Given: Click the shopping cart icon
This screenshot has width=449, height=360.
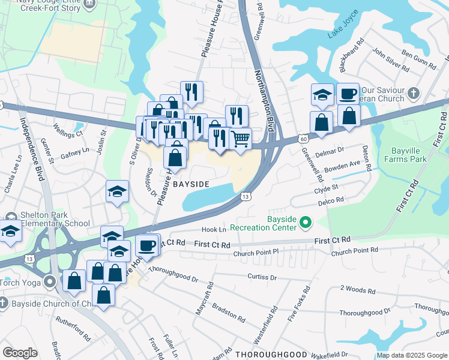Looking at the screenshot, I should (240, 139).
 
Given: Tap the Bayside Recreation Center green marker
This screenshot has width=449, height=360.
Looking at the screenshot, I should (306, 223).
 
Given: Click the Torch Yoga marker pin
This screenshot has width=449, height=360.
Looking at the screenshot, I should (52, 280).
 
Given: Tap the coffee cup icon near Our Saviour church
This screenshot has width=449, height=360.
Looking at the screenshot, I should (348, 94).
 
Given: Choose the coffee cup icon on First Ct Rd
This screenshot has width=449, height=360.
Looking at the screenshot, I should (148, 245).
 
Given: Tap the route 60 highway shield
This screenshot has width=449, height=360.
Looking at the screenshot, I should (304, 138).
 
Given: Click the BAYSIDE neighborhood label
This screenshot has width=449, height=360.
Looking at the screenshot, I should (191, 185).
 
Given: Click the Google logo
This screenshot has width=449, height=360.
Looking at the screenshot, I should (20, 353).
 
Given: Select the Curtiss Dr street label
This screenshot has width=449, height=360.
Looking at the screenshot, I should (262, 277).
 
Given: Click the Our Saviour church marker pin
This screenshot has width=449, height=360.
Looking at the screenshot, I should (413, 93).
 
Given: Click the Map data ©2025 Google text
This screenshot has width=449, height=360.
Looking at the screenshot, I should (412, 355).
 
